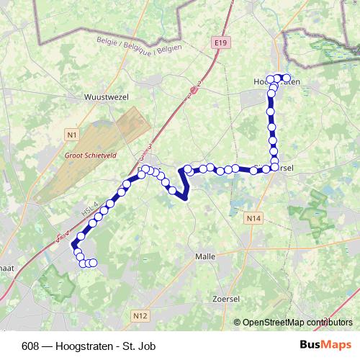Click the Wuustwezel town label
pyautogui.click(x=104, y=96)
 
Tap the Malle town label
pyautogui.click(x=206, y=256)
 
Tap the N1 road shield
pyautogui.click(x=71, y=134)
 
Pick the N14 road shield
pyautogui.click(x=252, y=217)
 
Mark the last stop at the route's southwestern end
pyautogui.click(x=93, y=263)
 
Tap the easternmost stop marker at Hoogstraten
pyautogui.click(x=286, y=78)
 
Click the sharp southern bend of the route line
pyautogui.click(x=186, y=199)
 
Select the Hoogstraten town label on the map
pyautogui.click(x=277, y=83)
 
